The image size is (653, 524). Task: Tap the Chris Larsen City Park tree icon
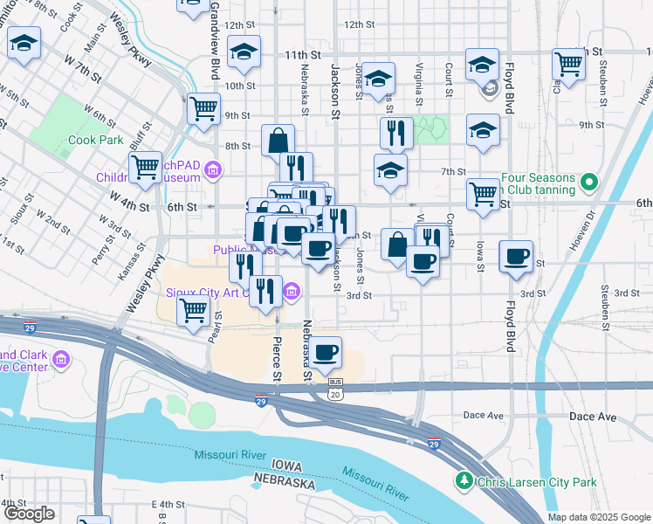pos(464,481)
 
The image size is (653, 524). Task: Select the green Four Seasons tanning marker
pos(589,183)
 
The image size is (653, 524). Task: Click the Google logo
pos(28,514)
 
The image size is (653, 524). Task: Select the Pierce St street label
pos(278,359)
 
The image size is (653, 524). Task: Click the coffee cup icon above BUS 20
pos(326,352)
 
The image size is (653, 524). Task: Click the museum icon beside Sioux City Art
pos(290,289)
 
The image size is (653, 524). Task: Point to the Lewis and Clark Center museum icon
pos(61,360)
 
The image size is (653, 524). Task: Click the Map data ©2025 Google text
pos(599,517)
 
